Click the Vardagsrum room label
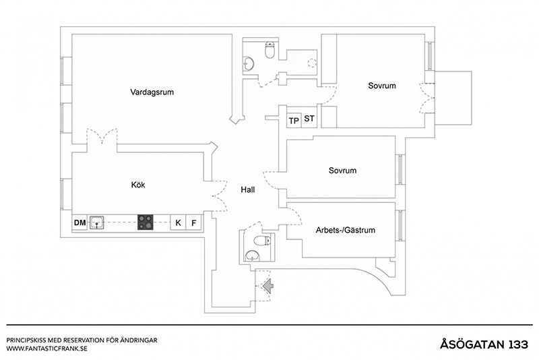click(x=152, y=92)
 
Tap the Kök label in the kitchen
click(x=139, y=184)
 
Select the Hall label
click(x=248, y=190)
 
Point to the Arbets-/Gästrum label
click(x=345, y=230)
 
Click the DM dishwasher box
click(x=80, y=222)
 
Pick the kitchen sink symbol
click(x=97, y=222)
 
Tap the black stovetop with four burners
click(x=146, y=222)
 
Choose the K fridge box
click(x=179, y=222)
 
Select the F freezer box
click(x=194, y=222)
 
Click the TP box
click(x=294, y=120)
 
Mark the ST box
click(x=309, y=119)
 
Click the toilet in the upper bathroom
click(x=270, y=50)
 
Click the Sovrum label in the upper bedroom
click(x=381, y=86)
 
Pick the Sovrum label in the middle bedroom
click(x=342, y=171)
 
